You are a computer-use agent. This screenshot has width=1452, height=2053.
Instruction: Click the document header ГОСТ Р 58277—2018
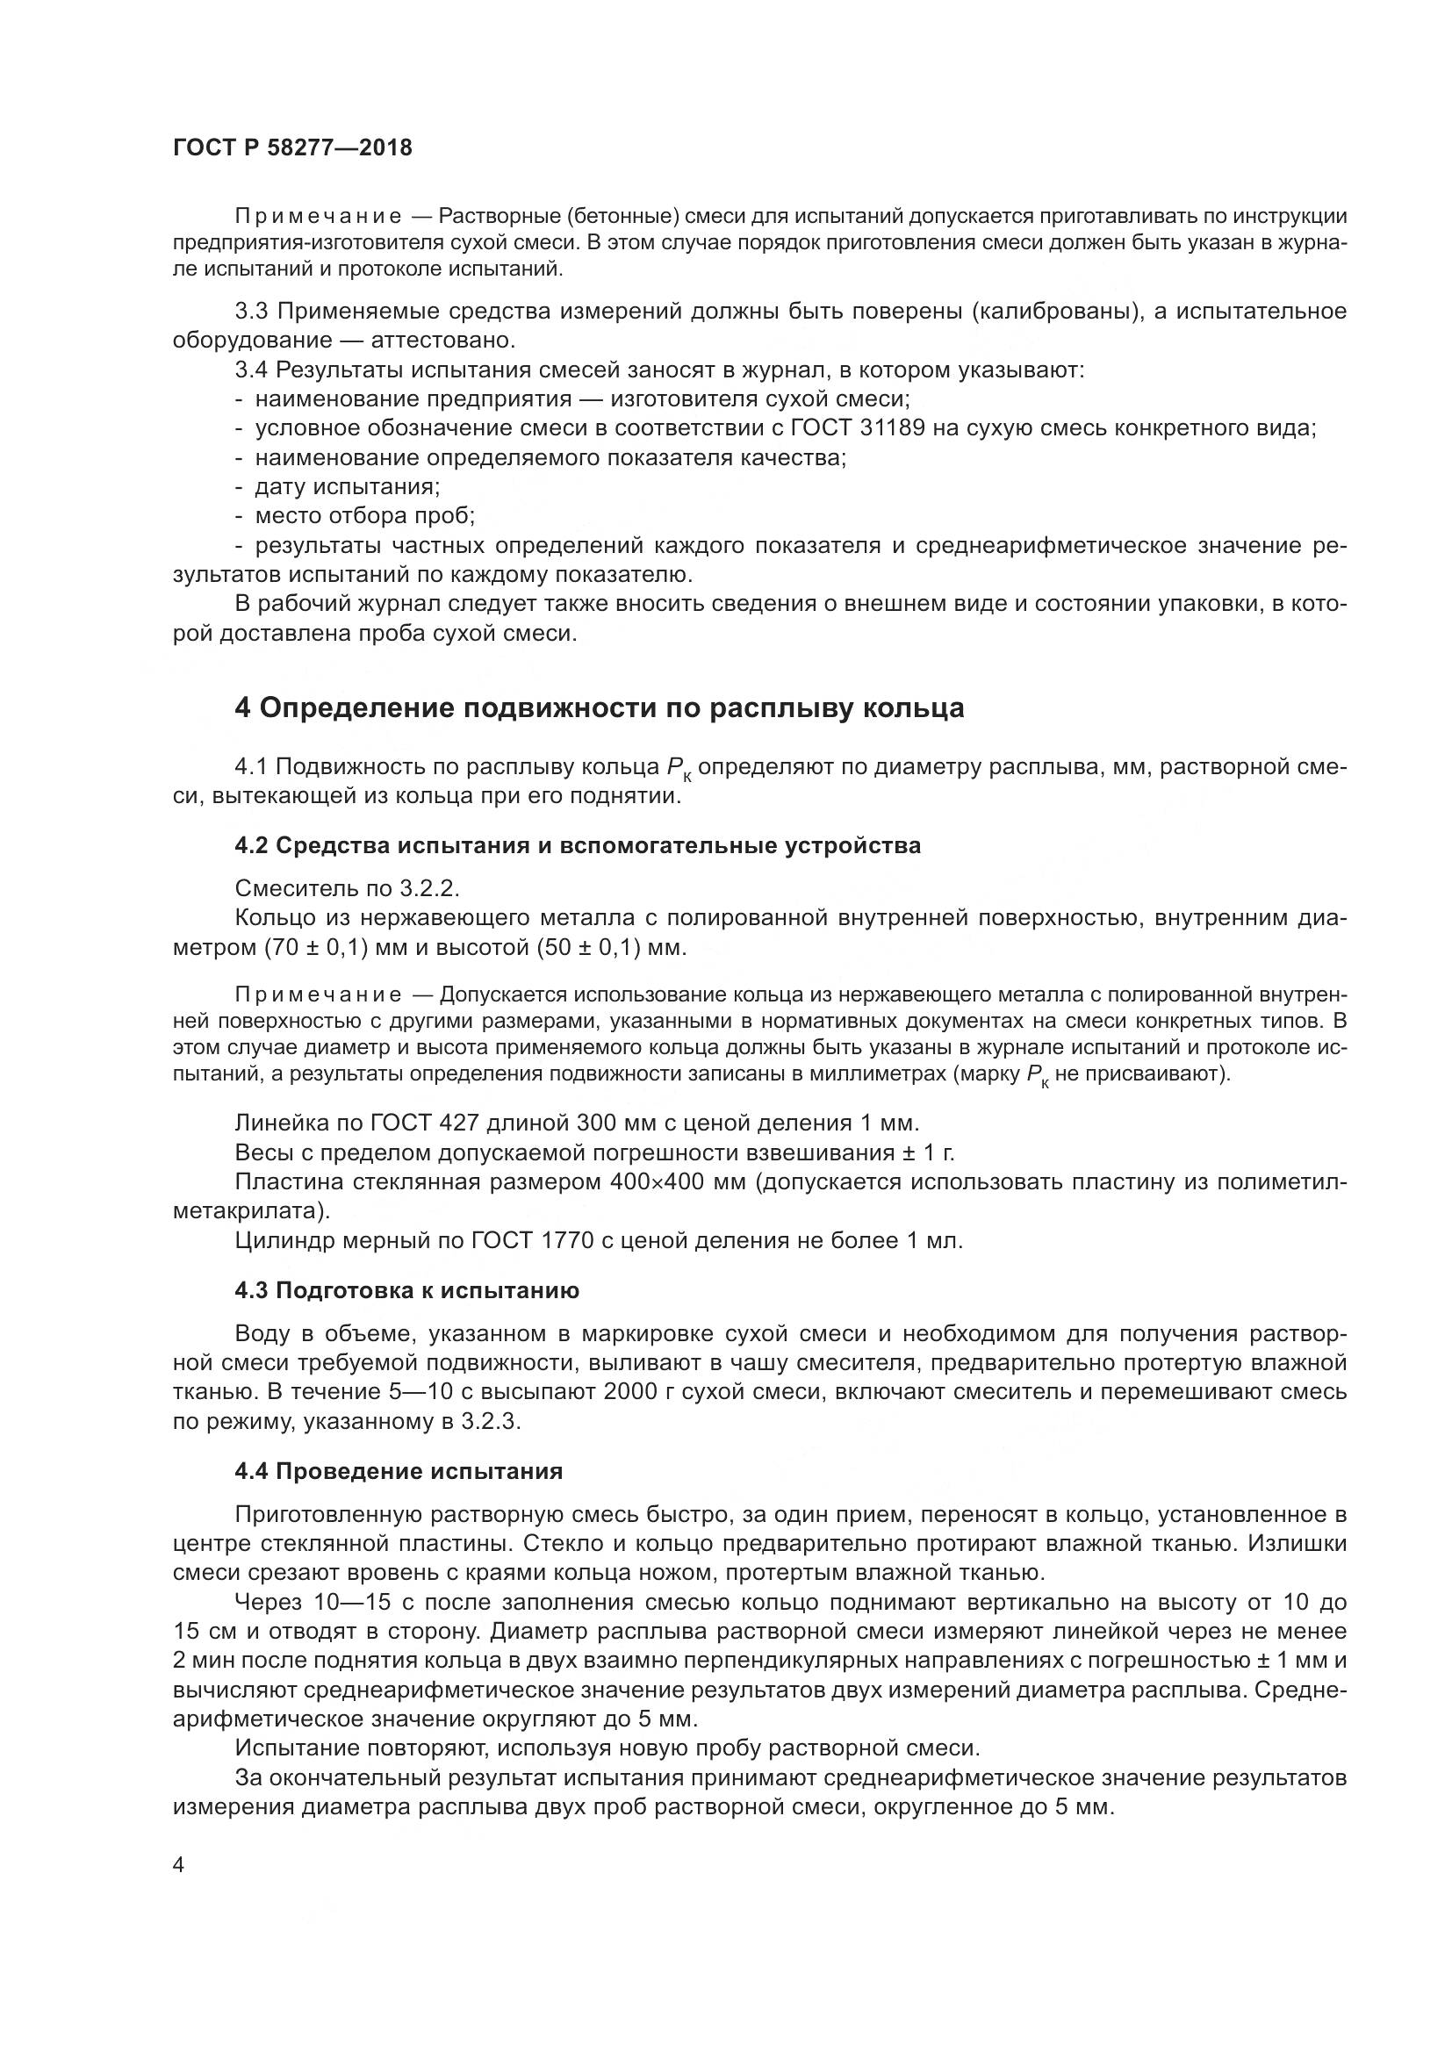tap(292, 148)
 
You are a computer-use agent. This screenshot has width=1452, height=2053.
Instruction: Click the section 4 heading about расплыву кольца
tap(599, 708)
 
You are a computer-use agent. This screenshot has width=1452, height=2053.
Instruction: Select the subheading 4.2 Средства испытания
tap(578, 845)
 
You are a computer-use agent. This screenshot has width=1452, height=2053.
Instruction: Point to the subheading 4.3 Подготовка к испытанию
tap(406, 1290)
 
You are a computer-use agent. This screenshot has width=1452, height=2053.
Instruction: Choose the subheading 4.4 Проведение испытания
tap(399, 1472)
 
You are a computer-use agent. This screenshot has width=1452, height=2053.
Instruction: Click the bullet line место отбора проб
tap(365, 517)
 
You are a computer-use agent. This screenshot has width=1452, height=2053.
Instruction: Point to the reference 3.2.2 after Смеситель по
tap(430, 889)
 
